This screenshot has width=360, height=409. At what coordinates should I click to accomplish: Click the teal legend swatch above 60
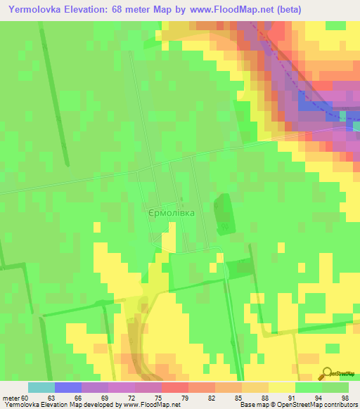pos(41,387)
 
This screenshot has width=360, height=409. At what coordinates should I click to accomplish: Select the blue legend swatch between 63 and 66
pos(68,387)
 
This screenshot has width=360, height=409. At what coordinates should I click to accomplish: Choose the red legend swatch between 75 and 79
pos(175,387)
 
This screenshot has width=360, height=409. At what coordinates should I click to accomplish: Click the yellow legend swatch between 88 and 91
pos(282,387)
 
